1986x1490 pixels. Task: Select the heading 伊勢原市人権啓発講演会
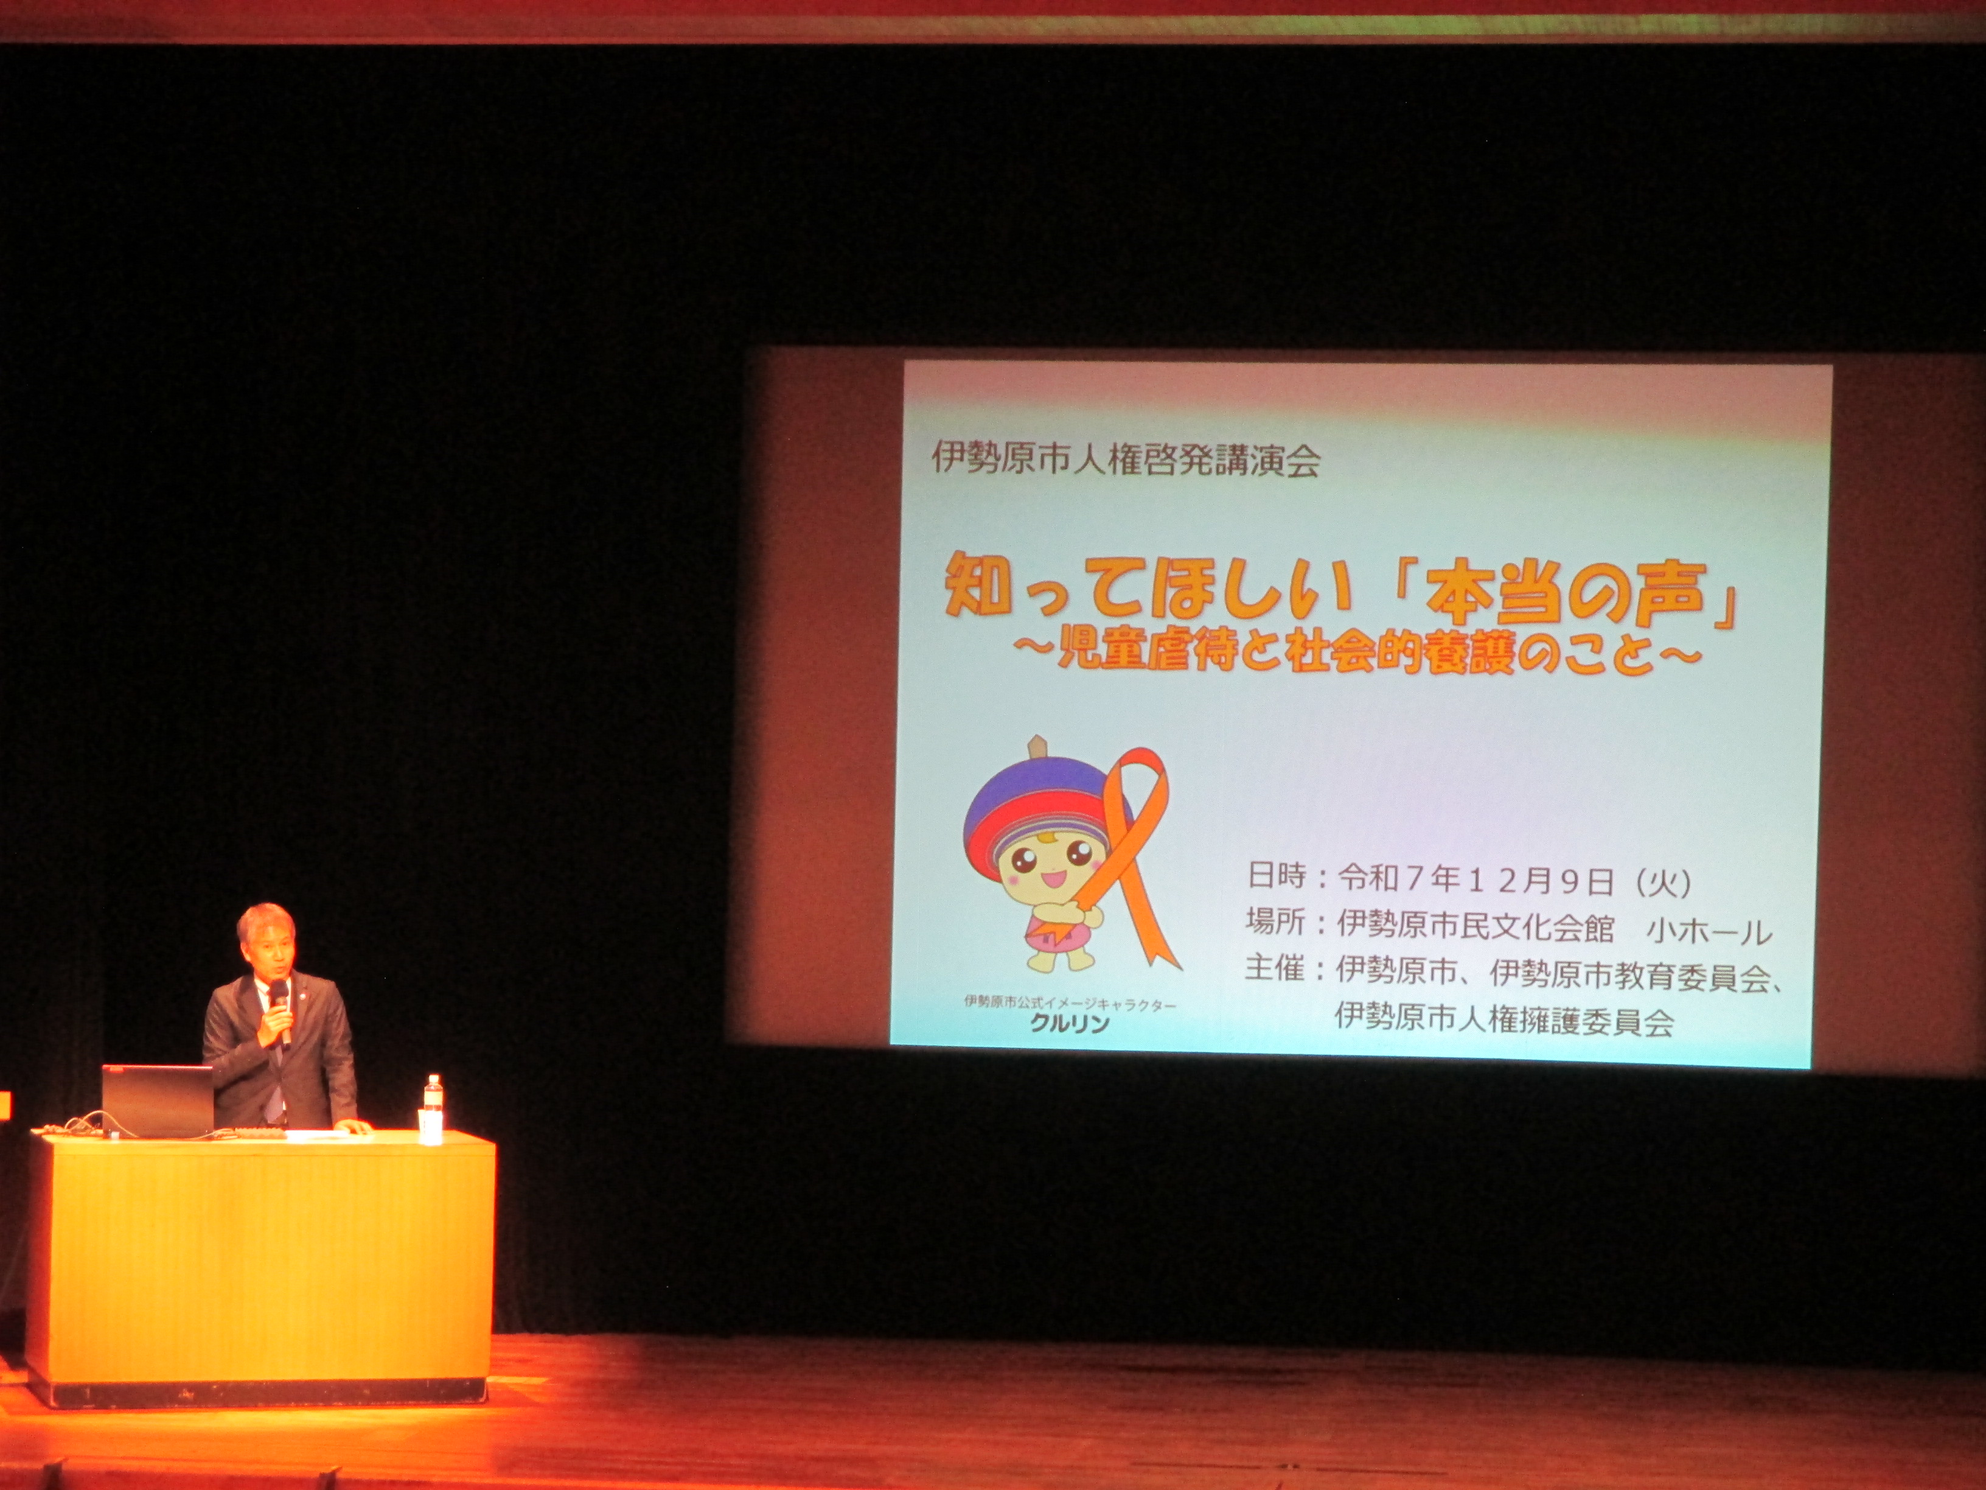point(1126,460)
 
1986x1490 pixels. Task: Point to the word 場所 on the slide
point(1276,922)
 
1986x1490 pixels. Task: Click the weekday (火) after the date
point(1664,883)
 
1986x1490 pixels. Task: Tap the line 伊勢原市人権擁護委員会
point(1504,1020)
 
